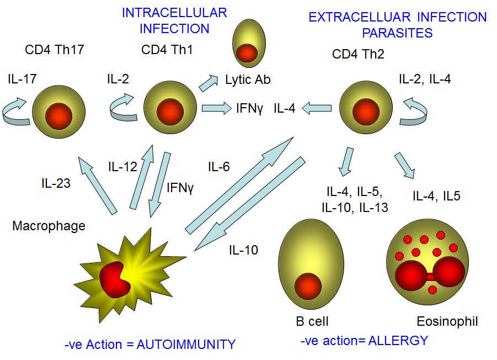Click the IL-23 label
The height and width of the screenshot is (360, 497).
pos(55,183)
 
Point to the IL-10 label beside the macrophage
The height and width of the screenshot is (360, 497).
pos(244,250)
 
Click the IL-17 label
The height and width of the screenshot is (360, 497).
pos(22,80)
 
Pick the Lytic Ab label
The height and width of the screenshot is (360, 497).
pos(248,80)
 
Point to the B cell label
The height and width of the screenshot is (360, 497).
pos(312,321)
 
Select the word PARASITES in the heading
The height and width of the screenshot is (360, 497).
pos(397,33)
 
